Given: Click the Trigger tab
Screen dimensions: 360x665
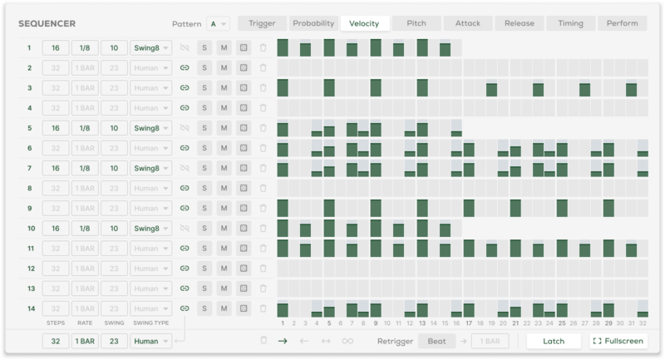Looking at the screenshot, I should (x=262, y=23).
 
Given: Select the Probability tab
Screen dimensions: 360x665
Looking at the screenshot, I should (x=313, y=23).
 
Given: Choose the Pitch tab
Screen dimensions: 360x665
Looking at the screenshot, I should (x=416, y=23).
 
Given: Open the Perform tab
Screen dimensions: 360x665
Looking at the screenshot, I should (x=623, y=23).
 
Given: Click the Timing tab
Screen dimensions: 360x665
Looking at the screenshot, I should (x=571, y=23).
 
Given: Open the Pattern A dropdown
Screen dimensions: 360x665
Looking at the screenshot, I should (x=219, y=23).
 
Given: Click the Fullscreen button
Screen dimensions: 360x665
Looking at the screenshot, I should (x=618, y=341).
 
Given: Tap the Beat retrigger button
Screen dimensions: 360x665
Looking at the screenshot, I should (x=436, y=341).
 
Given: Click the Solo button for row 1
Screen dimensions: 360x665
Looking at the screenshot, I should (x=204, y=48).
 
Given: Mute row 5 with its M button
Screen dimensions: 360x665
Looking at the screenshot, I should (x=224, y=128).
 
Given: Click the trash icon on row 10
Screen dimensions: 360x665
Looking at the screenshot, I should (x=263, y=229).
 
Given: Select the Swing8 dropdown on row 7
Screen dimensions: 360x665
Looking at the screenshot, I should (x=151, y=168).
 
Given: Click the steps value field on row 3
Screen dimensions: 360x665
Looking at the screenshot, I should (x=56, y=88).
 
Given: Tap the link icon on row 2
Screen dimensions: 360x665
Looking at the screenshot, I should (x=185, y=68).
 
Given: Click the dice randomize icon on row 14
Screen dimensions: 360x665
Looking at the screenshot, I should (x=243, y=308).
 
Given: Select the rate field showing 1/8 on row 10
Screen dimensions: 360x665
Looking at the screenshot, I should (x=84, y=229).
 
